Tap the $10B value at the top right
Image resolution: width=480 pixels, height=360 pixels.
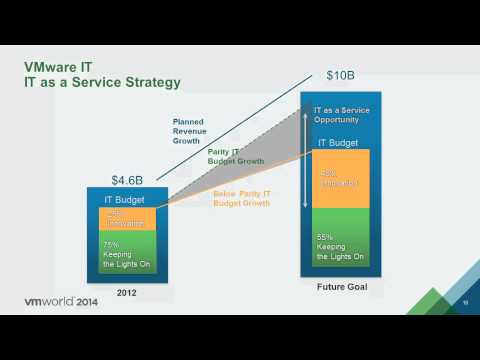coord(341,76)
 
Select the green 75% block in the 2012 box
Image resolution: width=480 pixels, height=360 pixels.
coord(126,256)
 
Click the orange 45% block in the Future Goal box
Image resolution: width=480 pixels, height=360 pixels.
coord(342,179)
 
